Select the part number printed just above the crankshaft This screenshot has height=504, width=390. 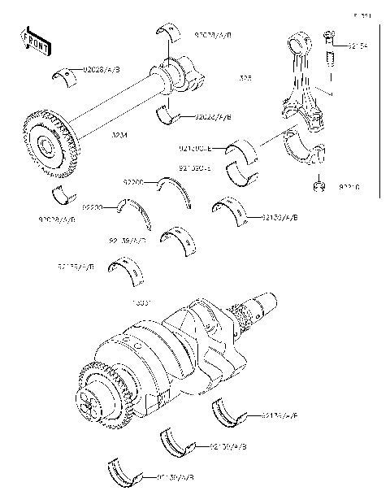point(144,302)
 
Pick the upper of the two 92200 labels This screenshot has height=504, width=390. point(134,183)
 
